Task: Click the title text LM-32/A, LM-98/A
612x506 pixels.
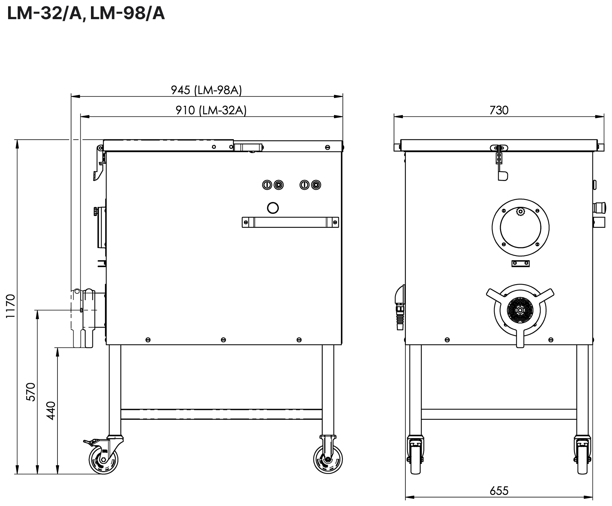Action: pyautogui.click(x=86, y=14)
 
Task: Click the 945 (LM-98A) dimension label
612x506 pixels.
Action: pyautogui.click(x=206, y=90)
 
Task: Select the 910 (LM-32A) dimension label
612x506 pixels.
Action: pyautogui.click(x=211, y=110)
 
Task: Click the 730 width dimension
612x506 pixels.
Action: pyautogui.click(x=499, y=110)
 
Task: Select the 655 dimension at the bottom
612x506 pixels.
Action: pyautogui.click(x=499, y=491)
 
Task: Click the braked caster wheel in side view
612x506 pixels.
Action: pyautogui.click(x=103, y=461)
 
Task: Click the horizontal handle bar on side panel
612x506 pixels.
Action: pyautogui.click(x=290, y=222)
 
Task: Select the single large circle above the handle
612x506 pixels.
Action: pyautogui.click(x=272, y=208)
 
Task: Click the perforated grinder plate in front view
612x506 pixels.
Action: pyautogui.click(x=520, y=310)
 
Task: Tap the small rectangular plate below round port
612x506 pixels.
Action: pyautogui.click(x=520, y=264)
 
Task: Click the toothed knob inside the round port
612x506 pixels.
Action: pyautogui.click(x=520, y=212)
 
